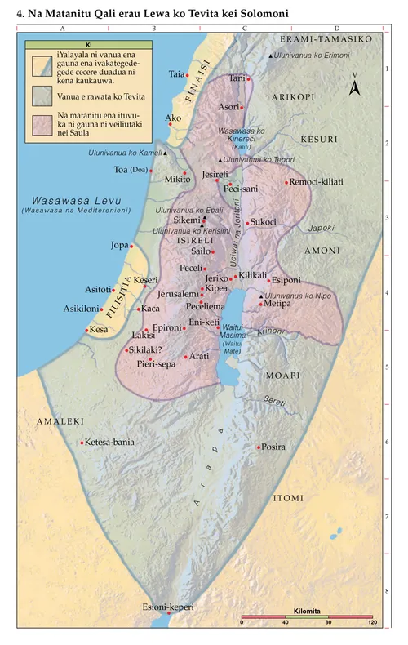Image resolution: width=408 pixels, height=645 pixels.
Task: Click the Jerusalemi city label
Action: (177, 293)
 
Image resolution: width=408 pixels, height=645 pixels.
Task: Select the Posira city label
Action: (274, 447)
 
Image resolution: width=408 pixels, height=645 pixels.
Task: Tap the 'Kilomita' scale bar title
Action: (308, 610)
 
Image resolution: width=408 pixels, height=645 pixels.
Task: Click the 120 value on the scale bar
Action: (372, 624)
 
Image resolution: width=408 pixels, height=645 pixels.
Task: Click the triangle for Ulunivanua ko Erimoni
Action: (271, 56)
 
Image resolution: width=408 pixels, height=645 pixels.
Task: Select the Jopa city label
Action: (119, 245)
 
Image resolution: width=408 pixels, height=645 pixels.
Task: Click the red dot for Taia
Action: (188, 75)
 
